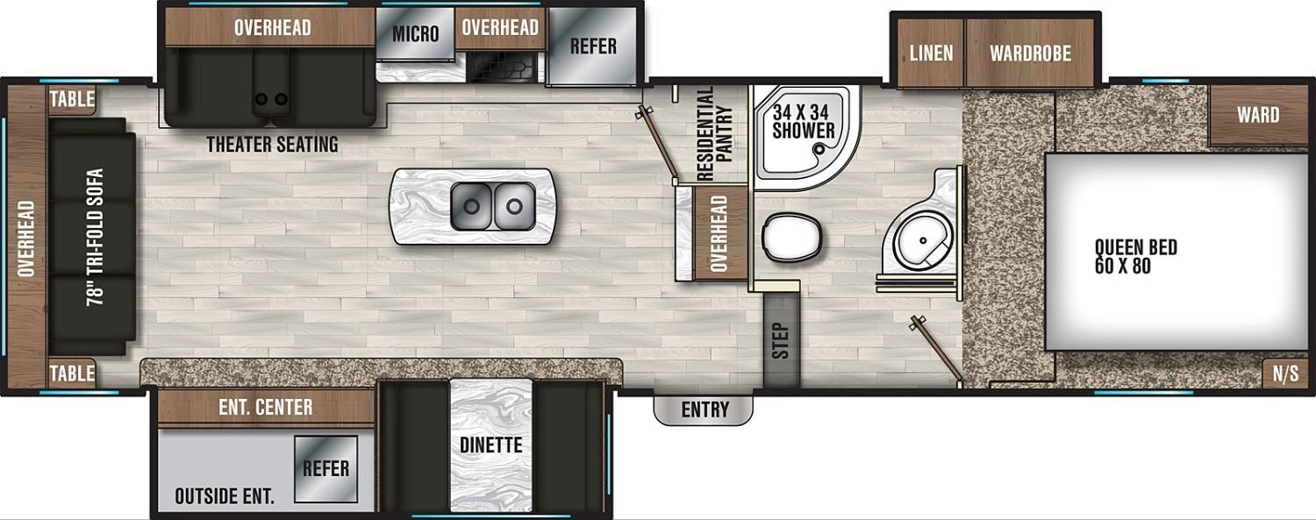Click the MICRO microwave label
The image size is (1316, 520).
415,34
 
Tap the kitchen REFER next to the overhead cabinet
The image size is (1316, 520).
592,46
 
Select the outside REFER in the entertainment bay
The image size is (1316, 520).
326,468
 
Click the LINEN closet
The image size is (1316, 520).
931,53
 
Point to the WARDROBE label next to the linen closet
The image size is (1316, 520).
1031,53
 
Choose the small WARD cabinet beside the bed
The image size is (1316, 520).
1258,115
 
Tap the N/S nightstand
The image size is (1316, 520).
1285,373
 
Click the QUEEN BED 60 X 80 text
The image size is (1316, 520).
1135,256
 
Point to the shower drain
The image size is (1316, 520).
819,150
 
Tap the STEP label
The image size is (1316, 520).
781,340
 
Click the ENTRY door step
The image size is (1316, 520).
704,410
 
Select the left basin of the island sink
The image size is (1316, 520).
471,206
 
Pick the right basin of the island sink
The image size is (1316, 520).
514,206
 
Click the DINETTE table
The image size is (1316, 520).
491,445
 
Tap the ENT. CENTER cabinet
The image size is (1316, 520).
266,407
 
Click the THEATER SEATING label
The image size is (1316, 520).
272,145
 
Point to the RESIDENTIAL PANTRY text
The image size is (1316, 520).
714,134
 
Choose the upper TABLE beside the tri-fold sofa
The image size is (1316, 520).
72,99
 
